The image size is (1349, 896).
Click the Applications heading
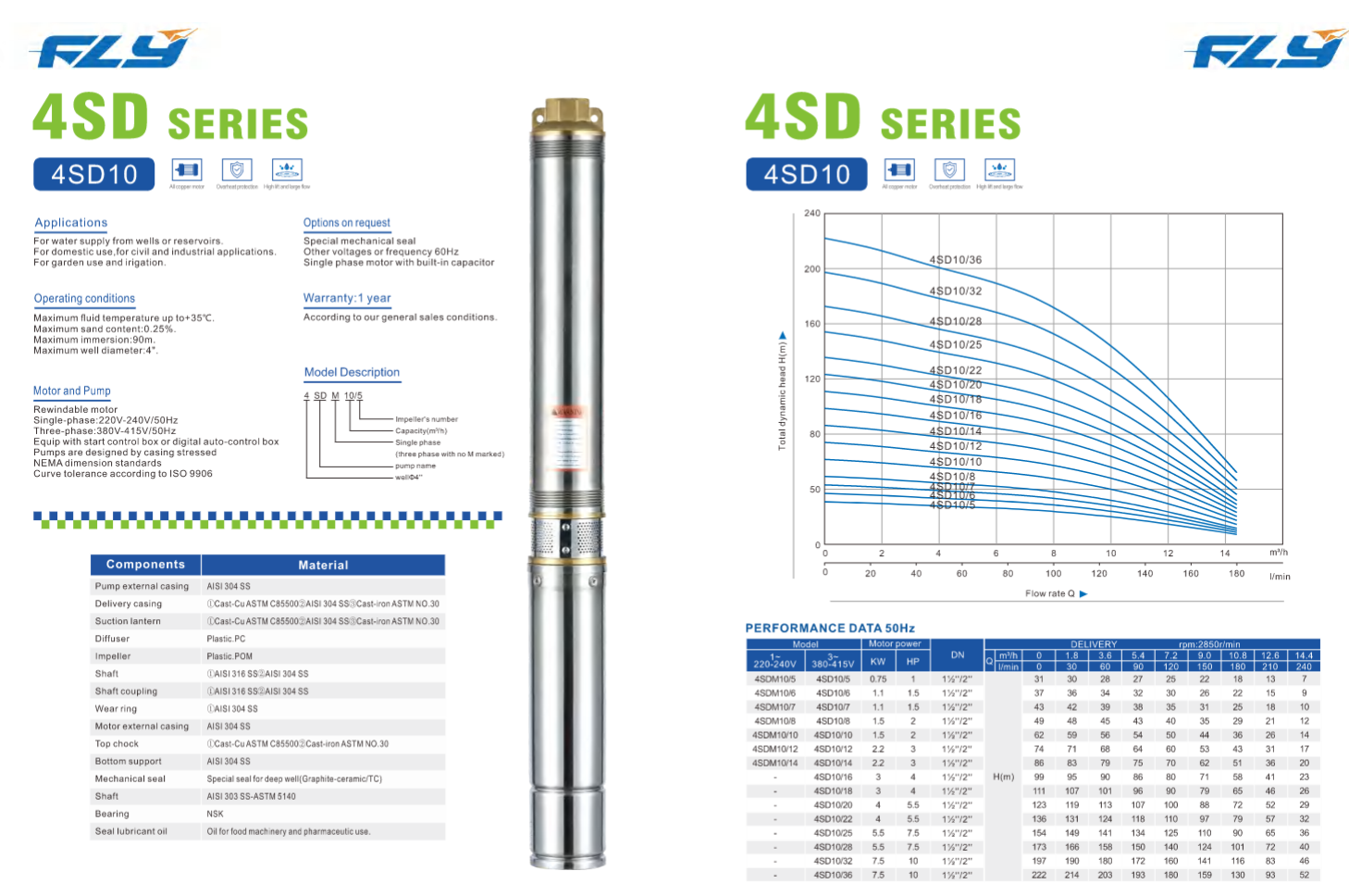71,223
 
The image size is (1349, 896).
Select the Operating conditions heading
84,299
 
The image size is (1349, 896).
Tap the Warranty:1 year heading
347,298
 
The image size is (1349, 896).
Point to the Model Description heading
352,372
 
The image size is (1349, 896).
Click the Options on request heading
347,223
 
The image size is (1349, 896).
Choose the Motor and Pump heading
72,392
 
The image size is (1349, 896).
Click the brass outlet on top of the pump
567,115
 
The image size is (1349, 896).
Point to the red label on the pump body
567,411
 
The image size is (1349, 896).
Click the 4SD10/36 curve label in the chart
956,260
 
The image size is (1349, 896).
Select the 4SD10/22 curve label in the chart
956,370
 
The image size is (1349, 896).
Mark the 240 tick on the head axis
811,214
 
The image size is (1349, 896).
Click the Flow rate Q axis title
1050,593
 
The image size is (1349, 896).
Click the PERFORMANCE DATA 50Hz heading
830,628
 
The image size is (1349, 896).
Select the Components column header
145,565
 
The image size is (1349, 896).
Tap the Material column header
323,565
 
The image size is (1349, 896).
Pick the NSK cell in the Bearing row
216,815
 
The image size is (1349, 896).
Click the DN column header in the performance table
958,654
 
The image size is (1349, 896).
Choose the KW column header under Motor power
878,662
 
